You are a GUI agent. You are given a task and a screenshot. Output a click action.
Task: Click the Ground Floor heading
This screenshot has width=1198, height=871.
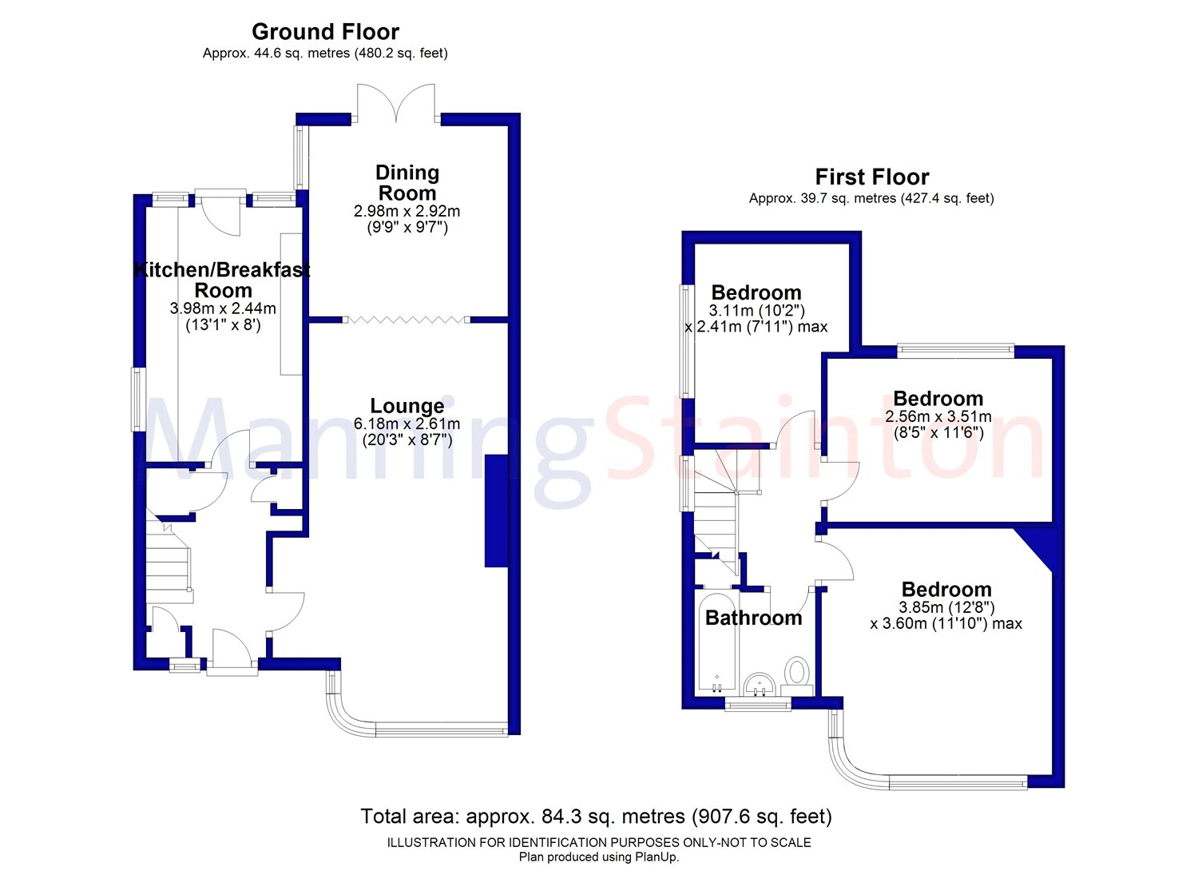coord(325,32)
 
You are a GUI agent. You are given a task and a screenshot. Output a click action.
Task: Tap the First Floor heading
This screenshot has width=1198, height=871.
coord(872,177)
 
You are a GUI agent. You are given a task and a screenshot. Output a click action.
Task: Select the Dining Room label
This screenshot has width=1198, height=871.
coord(407,182)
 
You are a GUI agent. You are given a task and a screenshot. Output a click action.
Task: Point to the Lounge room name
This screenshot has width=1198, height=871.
coord(407,406)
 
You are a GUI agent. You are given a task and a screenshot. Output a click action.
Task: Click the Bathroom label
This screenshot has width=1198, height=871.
coord(754,618)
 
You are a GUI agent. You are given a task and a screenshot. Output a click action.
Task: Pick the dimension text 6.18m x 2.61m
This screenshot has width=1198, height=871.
coord(407,424)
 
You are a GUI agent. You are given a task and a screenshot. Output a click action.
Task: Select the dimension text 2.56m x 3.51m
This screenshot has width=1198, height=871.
coord(938,416)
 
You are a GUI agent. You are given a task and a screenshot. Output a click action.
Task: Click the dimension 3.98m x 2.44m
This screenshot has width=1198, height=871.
coord(223,308)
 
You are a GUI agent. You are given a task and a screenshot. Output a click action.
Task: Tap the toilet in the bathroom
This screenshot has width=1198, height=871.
coord(797,672)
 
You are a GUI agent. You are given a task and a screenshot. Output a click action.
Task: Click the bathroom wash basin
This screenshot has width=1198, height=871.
coord(760,685)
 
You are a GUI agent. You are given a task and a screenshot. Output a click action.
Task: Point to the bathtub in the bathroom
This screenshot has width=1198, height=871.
coord(717,642)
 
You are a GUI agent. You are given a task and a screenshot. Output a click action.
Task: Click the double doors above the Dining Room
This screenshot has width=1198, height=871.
coord(396,101)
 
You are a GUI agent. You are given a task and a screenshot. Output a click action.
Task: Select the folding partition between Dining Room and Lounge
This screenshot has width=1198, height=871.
coord(407,320)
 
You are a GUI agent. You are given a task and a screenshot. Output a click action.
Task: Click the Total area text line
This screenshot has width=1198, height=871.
coord(597,817)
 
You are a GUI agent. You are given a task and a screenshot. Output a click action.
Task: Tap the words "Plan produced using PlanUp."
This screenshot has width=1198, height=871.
coord(599,857)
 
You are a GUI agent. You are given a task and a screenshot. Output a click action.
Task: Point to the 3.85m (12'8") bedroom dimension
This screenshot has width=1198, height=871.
coord(946,607)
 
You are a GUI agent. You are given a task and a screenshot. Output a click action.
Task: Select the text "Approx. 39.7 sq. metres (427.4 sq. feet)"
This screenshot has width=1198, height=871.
coord(872,198)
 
